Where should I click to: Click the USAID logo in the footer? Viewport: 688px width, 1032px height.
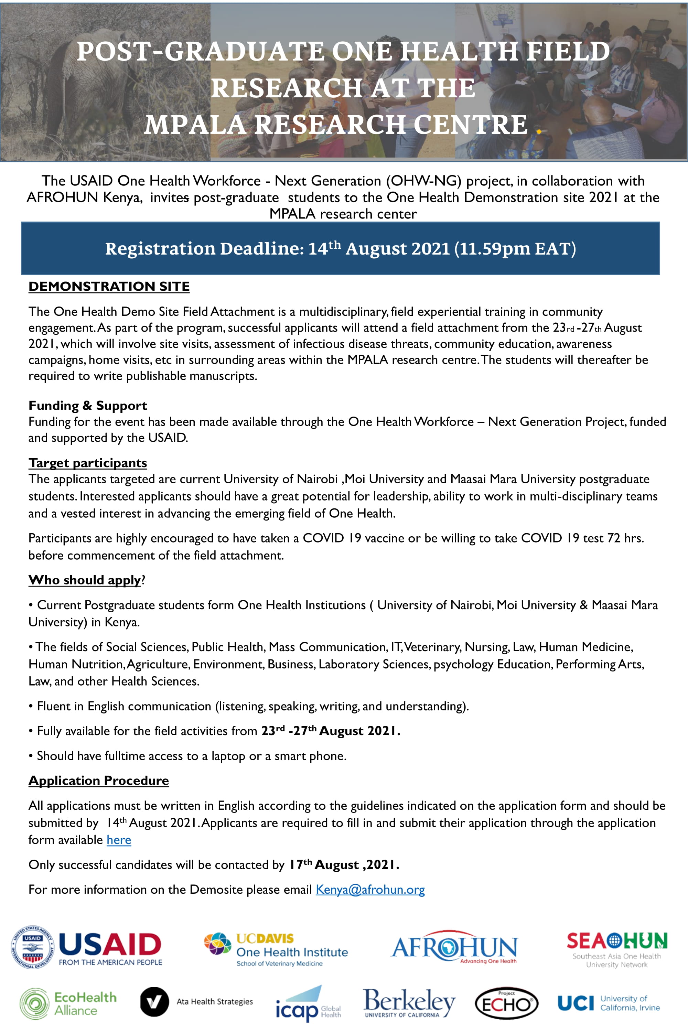point(86,948)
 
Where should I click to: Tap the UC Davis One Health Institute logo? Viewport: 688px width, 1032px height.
point(276,950)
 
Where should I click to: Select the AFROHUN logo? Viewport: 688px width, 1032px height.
point(454,948)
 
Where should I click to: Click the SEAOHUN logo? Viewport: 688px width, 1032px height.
point(616,949)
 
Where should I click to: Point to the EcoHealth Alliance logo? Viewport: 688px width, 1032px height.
point(68,1003)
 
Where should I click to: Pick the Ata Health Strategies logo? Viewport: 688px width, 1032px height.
point(196,1002)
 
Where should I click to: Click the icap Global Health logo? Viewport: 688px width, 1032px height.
point(308,1005)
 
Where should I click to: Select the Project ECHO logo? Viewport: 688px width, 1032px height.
point(506,1003)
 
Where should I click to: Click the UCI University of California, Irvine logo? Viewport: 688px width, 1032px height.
point(609,1003)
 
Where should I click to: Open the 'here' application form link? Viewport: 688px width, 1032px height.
point(119,840)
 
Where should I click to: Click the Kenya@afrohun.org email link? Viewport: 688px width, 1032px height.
point(370,889)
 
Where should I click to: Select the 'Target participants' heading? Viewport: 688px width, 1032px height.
point(88,463)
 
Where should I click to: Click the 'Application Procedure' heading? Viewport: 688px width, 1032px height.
point(99,781)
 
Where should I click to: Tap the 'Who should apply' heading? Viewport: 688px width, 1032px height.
point(85,580)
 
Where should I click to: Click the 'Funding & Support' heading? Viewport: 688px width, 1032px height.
point(88,406)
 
